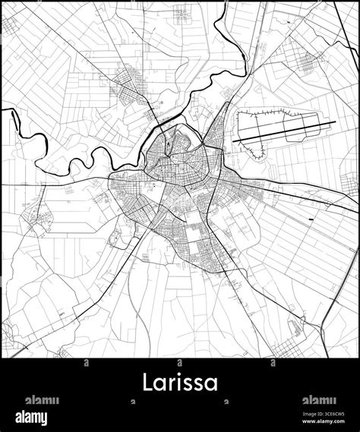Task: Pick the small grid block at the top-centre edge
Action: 182,11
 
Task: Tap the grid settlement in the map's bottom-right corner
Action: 284,347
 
